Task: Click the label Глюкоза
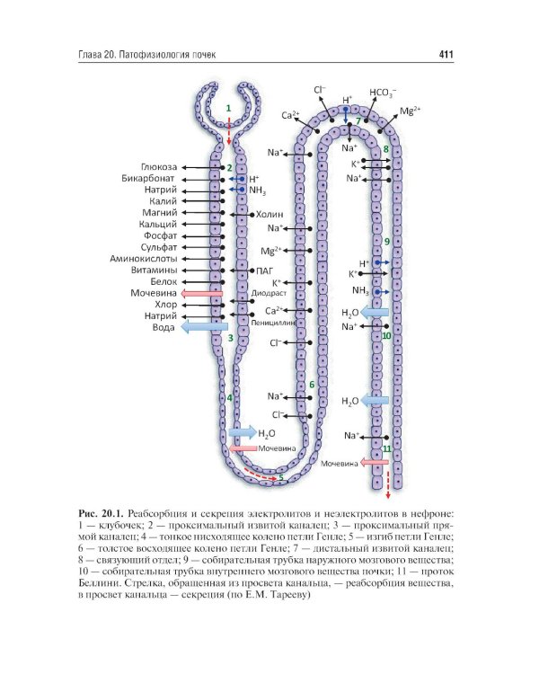160,167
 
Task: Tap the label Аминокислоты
147,259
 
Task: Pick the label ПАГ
263,270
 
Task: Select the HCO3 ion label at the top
384,92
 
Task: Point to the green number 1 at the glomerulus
228,108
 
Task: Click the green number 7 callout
358,120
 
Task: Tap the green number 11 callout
386,447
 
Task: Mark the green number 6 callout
312,385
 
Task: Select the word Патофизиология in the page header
157,55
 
